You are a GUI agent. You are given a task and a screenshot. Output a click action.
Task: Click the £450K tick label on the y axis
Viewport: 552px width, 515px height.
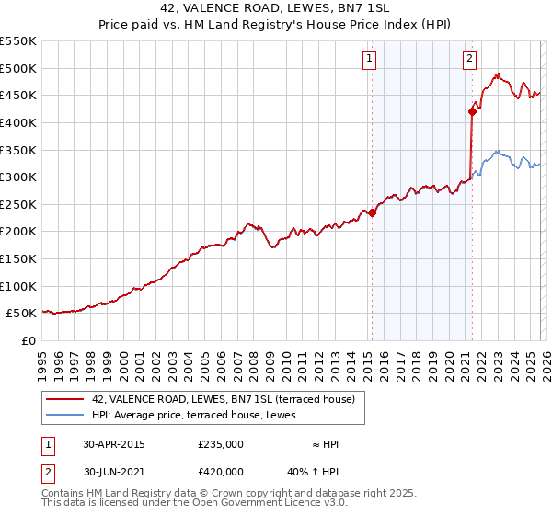point(17,95)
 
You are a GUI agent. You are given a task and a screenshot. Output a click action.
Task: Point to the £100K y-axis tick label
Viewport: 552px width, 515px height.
point(17,286)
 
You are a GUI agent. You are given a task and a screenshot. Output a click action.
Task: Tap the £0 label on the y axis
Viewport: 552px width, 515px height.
point(28,340)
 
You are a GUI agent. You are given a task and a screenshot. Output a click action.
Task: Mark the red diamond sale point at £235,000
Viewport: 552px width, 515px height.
point(373,212)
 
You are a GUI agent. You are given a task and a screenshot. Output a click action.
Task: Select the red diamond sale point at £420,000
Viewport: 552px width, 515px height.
point(472,112)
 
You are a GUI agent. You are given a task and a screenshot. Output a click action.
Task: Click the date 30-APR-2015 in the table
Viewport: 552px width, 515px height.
point(113,444)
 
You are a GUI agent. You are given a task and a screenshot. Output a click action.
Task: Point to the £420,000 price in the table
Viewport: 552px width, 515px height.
point(221,471)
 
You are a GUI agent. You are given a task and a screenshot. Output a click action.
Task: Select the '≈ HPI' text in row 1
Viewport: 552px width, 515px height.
point(326,444)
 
